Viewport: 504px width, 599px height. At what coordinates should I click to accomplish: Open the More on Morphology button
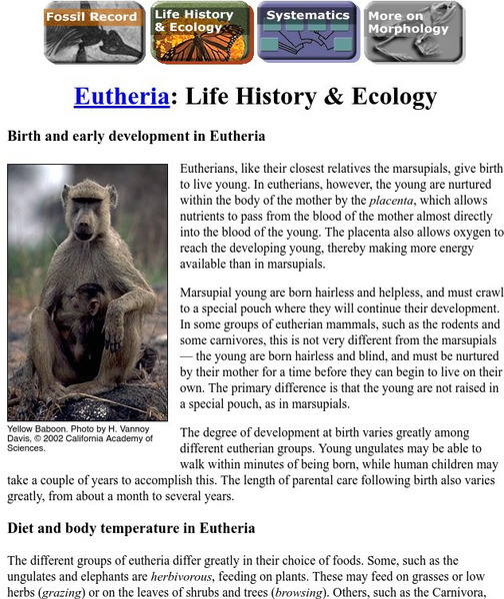pos(409,33)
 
